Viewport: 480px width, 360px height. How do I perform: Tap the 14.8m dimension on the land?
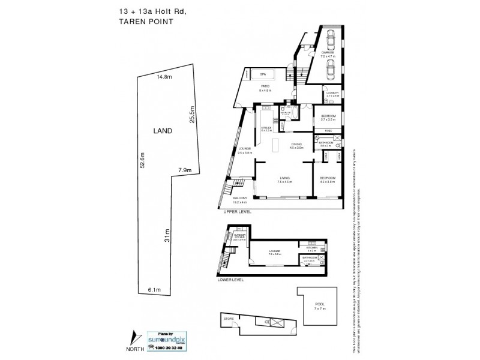coord(164,77)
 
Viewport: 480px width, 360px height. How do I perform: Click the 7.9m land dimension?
coord(185,171)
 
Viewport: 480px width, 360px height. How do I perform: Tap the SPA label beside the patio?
coord(262,74)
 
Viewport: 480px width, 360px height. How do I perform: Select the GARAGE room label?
coord(328,53)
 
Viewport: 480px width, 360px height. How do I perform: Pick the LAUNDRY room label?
coord(332,94)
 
